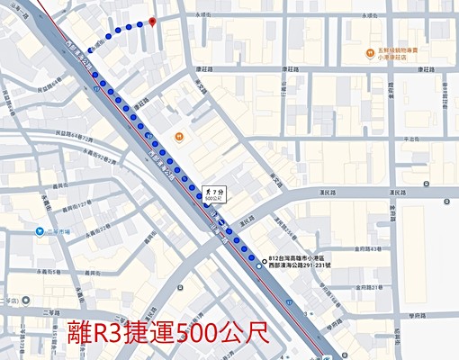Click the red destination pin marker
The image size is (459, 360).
[152, 21]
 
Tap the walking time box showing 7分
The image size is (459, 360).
[214, 194]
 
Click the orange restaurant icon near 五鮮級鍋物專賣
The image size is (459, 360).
[369, 52]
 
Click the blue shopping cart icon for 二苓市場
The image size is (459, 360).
[40, 230]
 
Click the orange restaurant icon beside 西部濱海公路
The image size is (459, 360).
[180, 137]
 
